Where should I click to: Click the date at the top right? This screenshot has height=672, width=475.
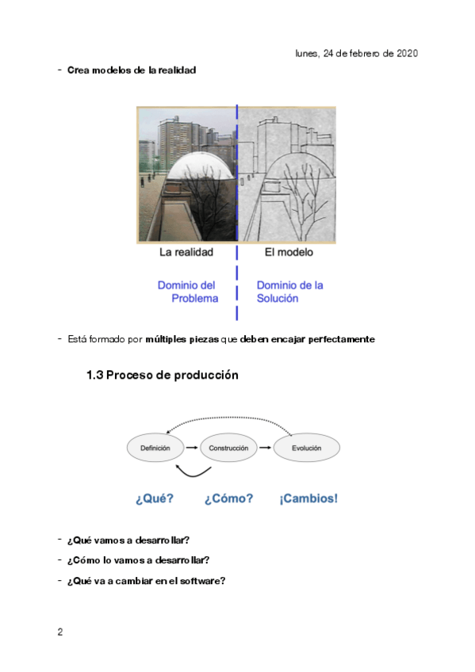click(356, 54)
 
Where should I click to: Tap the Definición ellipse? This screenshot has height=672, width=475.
click(155, 448)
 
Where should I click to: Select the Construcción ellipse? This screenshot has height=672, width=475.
click(228, 448)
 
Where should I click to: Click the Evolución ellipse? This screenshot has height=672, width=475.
click(307, 448)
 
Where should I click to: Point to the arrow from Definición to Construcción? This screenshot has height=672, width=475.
click(192, 448)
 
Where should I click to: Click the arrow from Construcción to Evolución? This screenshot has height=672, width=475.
click(265, 448)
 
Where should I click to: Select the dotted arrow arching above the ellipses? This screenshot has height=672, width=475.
click(229, 418)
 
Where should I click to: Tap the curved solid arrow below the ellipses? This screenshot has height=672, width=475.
click(193, 473)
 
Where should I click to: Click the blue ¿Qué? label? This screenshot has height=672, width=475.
click(155, 498)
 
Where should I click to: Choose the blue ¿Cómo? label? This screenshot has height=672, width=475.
click(228, 498)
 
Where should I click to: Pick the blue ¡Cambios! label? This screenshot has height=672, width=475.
click(308, 498)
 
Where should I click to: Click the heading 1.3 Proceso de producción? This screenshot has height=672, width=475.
click(162, 375)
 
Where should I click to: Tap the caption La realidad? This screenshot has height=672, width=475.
click(186, 252)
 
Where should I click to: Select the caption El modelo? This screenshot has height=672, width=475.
click(289, 252)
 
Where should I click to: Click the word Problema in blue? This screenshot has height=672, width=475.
click(194, 298)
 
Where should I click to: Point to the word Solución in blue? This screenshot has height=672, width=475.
click(278, 298)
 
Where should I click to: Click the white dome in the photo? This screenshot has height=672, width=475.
click(201, 166)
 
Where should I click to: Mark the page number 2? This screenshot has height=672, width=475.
click(60, 632)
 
